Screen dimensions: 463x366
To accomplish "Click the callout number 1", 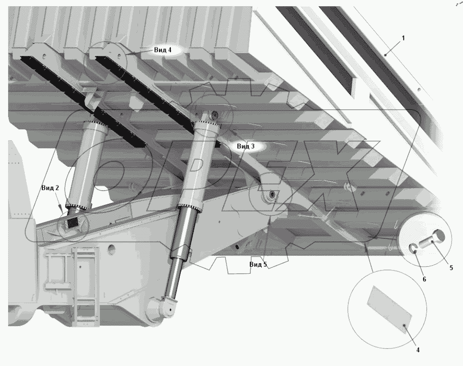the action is pyautogui.click(x=404, y=38).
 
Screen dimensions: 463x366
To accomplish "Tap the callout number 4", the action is pyautogui.click(x=418, y=350).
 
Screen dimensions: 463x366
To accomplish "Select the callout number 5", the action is pyautogui.click(x=451, y=268).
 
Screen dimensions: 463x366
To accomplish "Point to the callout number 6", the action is pyautogui.click(x=424, y=279).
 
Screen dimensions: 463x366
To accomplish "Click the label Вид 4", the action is pyautogui.click(x=163, y=50).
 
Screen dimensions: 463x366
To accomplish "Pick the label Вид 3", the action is pyautogui.click(x=246, y=146).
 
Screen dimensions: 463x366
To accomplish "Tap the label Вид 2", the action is pyautogui.click(x=50, y=188).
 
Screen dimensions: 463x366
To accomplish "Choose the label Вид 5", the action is pyautogui.click(x=258, y=264).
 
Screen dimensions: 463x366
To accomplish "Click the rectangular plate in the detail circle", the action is pyautogui.click(x=389, y=307).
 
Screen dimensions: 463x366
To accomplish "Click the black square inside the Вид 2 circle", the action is pyautogui.click(x=72, y=222).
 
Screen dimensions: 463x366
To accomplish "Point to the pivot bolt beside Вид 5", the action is pyautogui.click(x=272, y=194).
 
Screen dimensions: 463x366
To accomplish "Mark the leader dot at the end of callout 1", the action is pyautogui.click(x=385, y=55).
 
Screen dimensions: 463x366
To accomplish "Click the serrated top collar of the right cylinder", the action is pyautogui.click(x=207, y=125).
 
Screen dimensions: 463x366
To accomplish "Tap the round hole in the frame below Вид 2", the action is pyautogui.click(x=111, y=247).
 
